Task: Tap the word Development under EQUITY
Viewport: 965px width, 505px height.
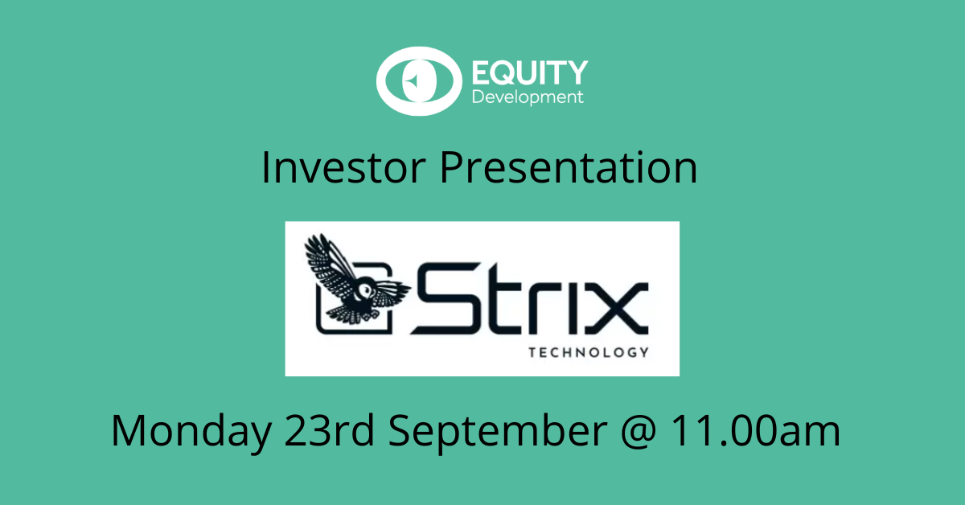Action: point(527,97)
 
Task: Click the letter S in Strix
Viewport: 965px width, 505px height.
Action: point(446,305)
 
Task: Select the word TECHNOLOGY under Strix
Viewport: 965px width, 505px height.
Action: point(589,351)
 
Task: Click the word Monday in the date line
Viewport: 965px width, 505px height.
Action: point(191,432)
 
